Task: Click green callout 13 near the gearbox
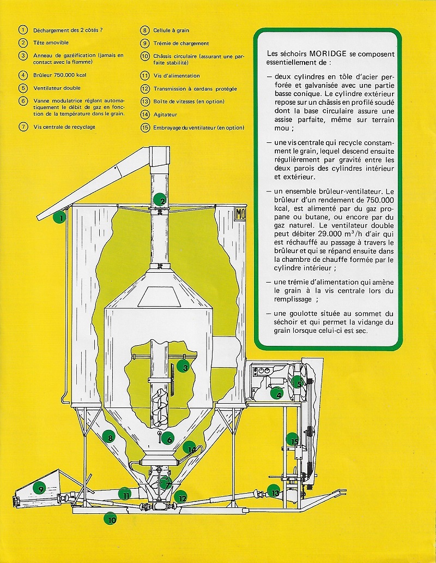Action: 275,493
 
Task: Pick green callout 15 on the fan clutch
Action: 294,442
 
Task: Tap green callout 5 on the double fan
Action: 297,382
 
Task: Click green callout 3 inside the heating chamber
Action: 185,367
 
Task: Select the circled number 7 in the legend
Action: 23,127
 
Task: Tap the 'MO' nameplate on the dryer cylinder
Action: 240,214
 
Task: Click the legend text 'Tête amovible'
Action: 51,43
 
